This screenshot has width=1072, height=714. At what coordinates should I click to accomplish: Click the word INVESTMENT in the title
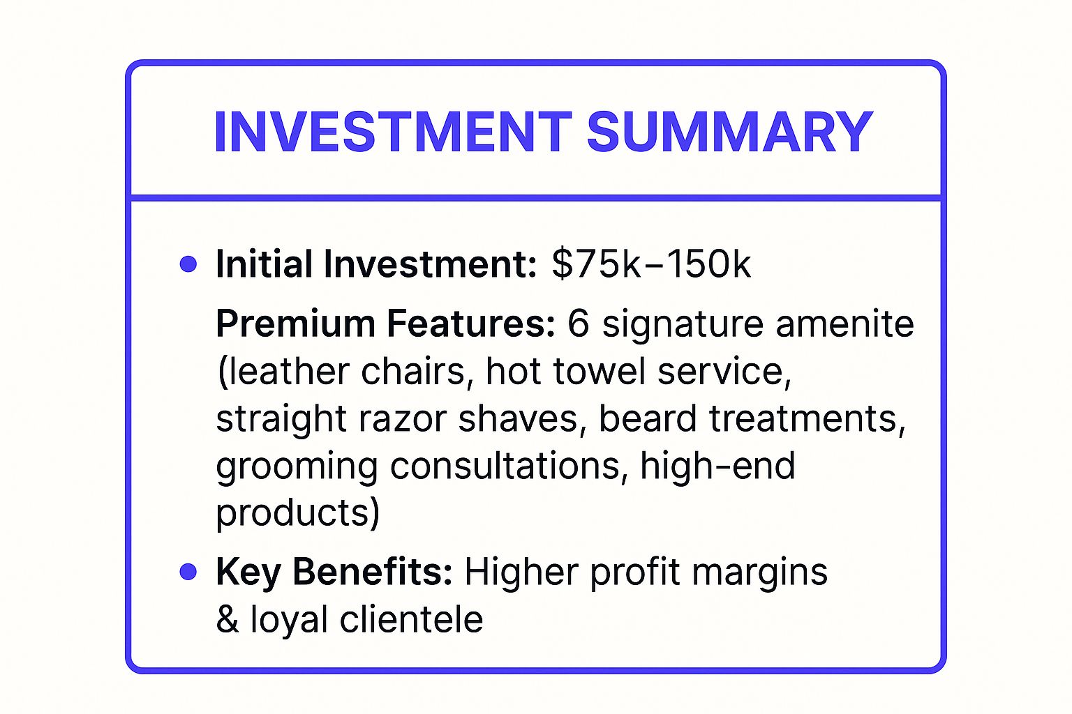pos(393,132)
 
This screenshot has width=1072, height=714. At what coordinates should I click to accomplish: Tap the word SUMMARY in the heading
pos(730,132)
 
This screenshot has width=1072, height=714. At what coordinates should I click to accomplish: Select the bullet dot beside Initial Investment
pos(188,264)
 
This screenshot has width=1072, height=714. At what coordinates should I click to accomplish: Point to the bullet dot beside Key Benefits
pos(188,572)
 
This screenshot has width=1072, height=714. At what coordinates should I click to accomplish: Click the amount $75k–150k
pos(651,264)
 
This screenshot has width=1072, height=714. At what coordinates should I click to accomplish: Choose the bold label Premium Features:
pos(385,324)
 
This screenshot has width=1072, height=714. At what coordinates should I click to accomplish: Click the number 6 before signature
pos(578,324)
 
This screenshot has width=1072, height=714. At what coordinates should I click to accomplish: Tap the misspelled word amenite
pos(844,324)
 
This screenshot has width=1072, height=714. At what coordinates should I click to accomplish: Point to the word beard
pos(648,418)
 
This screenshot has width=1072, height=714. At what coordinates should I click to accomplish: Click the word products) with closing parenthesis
pos(298,512)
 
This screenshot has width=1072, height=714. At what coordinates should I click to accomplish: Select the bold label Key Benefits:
pos(334,572)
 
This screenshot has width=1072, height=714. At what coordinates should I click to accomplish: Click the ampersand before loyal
pos(227,619)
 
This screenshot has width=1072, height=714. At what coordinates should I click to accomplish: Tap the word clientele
pos(411,618)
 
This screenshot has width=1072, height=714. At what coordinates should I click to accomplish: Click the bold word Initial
pos(265,264)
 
